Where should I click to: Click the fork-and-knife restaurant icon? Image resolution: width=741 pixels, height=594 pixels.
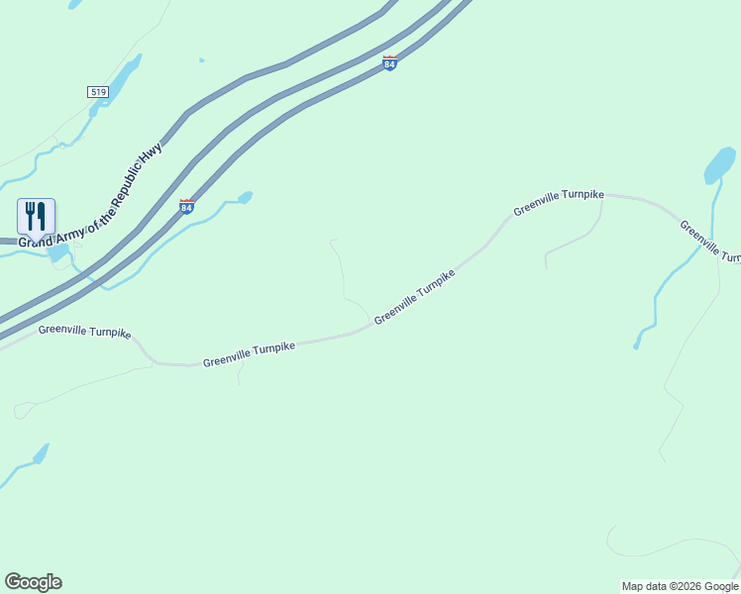click(x=36, y=216)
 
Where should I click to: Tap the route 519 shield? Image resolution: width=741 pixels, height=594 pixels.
click(x=97, y=92)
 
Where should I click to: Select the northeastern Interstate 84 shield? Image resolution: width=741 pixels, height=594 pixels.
click(x=389, y=63)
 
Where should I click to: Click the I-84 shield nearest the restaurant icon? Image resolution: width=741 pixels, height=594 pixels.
click(x=186, y=207)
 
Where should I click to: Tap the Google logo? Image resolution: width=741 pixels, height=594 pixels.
click(x=33, y=582)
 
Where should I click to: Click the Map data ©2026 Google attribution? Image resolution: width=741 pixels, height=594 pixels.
click(x=680, y=586)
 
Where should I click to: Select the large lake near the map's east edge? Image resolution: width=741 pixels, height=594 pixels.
click(x=719, y=165)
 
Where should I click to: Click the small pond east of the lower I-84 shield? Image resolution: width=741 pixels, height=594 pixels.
click(x=245, y=197)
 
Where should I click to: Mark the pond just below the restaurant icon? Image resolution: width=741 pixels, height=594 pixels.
click(x=57, y=253)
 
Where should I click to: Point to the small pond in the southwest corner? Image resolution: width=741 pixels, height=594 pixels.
click(x=41, y=454)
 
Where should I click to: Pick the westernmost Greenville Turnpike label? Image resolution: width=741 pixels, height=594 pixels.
click(x=84, y=332)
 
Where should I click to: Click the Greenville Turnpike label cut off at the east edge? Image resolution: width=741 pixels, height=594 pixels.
click(x=709, y=242)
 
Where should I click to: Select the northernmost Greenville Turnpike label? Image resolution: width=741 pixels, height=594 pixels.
click(x=558, y=202)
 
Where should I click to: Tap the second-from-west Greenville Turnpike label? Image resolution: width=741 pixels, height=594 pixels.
click(x=249, y=354)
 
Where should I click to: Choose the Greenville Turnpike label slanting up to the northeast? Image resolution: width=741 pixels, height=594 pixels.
click(x=414, y=296)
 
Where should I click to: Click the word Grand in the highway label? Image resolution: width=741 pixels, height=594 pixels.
click(x=36, y=240)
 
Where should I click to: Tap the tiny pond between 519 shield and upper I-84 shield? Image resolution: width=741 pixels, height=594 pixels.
click(x=201, y=60)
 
